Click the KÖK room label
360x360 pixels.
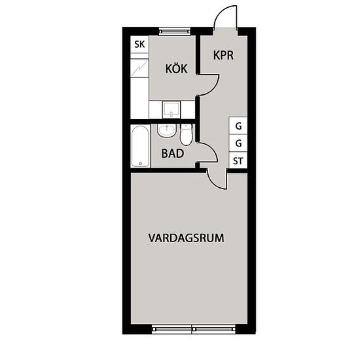pyautogui.click(x=176, y=69)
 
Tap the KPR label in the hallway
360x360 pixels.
pyautogui.click(x=223, y=56)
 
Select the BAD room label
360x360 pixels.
pyautogui.click(x=173, y=153)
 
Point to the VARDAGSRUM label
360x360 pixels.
pyautogui.click(x=186, y=238)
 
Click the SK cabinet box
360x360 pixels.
pyautogui.click(x=139, y=45)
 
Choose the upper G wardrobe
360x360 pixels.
pyautogui.click(x=238, y=126)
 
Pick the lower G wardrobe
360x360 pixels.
pyautogui.click(x=238, y=143)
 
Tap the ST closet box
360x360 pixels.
pyautogui.click(x=238, y=160)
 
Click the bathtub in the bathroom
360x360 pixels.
pyautogui.click(x=140, y=146)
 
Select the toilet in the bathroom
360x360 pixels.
pyautogui.click(x=186, y=135)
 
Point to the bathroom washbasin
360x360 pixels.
pyautogui.click(x=167, y=131)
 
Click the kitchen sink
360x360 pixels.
pyautogui.click(x=171, y=110)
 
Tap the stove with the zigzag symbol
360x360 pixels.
pyautogui.click(x=139, y=68)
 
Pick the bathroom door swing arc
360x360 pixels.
pyautogui.click(x=212, y=149)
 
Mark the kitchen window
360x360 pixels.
pyautogui.click(x=175, y=31)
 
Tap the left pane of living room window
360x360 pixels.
pyautogui.click(x=171, y=329)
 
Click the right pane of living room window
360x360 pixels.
pyautogui.click(x=214, y=329)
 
